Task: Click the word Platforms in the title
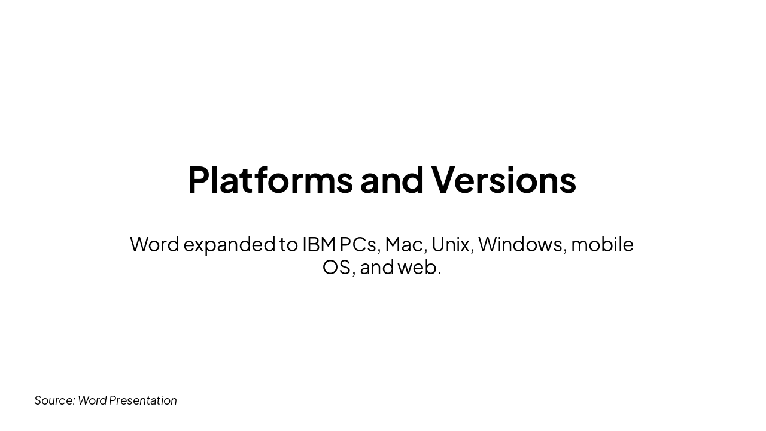pos(270,180)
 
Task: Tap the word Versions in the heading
pos(503,180)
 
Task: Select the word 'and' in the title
pos(392,180)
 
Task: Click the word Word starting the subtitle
pos(154,244)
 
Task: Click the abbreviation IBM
pos(318,244)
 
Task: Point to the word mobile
pos(602,244)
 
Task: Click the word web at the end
pos(417,267)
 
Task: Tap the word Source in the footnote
pos(54,400)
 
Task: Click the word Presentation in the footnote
pos(143,400)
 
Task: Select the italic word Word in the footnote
pos(92,400)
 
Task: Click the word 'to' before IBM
pos(288,244)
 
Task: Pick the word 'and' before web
pos(377,267)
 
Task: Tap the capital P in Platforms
pos(198,180)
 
